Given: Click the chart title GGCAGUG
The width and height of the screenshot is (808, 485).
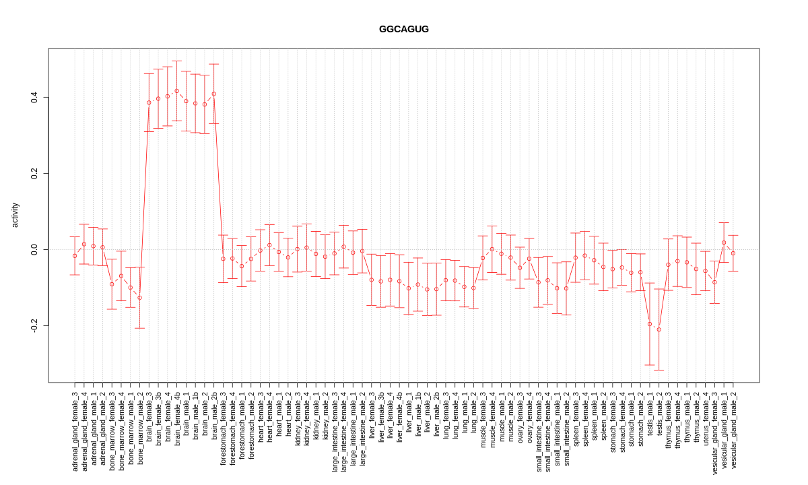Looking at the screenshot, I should (x=403, y=29).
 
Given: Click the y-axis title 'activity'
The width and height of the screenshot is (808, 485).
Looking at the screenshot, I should (x=15, y=215).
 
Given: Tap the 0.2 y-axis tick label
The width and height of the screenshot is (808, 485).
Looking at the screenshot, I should (x=34, y=174).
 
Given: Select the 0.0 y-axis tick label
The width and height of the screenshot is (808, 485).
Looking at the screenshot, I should (x=34, y=250).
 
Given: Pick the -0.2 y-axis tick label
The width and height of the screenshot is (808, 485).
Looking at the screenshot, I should (x=34, y=326).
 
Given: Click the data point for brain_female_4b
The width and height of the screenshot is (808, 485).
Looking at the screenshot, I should (x=176, y=91).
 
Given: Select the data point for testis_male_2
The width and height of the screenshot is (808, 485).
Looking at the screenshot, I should (x=659, y=329).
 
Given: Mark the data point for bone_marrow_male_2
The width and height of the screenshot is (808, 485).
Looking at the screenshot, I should (x=139, y=298).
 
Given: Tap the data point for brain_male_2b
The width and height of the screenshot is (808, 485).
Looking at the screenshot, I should (x=213, y=94).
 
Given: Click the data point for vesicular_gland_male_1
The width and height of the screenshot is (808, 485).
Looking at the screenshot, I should (x=724, y=243).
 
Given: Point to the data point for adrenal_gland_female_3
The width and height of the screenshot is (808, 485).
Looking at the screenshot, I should (x=75, y=256).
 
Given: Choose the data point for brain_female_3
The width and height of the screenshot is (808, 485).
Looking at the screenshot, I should (x=149, y=102).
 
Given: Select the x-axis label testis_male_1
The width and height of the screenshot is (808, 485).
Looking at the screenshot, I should (x=650, y=414).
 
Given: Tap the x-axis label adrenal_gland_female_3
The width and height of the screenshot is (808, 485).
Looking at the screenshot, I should (x=75, y=431).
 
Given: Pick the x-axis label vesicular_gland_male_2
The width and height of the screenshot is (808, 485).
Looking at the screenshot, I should (x=733, y=430).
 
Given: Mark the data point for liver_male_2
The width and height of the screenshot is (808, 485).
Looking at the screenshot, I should (x=427, y=290).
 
